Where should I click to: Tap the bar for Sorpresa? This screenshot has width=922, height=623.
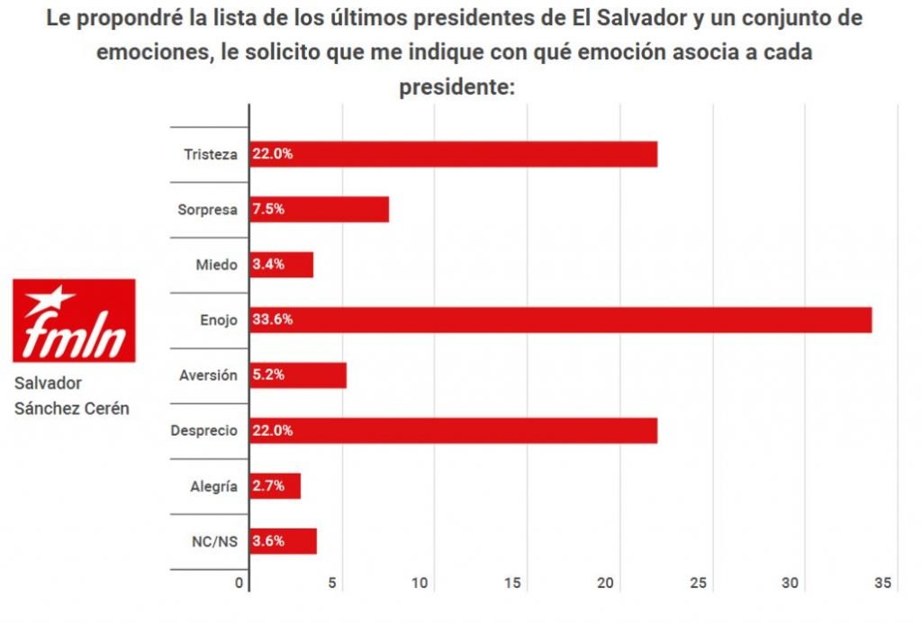pos(319,209)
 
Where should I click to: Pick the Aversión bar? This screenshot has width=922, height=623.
pos(298,375)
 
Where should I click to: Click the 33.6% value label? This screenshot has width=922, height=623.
pos(272,320)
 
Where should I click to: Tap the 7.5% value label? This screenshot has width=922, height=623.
pos(268,209)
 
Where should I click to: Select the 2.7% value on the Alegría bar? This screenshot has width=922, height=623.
pos(268,486)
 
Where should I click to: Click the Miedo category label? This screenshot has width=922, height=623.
pos(216,265)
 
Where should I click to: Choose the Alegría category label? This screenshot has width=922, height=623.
pos(214,486)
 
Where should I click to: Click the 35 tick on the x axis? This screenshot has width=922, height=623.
pos(881,583)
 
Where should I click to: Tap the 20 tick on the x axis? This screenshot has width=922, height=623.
pos(605,583)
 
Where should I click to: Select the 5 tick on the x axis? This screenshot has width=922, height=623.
pos(332,583)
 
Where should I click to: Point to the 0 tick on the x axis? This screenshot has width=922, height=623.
pos(240,583)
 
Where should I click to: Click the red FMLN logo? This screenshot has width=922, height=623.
pos(74,321)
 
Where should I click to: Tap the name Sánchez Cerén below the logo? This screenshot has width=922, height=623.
pos(72,408)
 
